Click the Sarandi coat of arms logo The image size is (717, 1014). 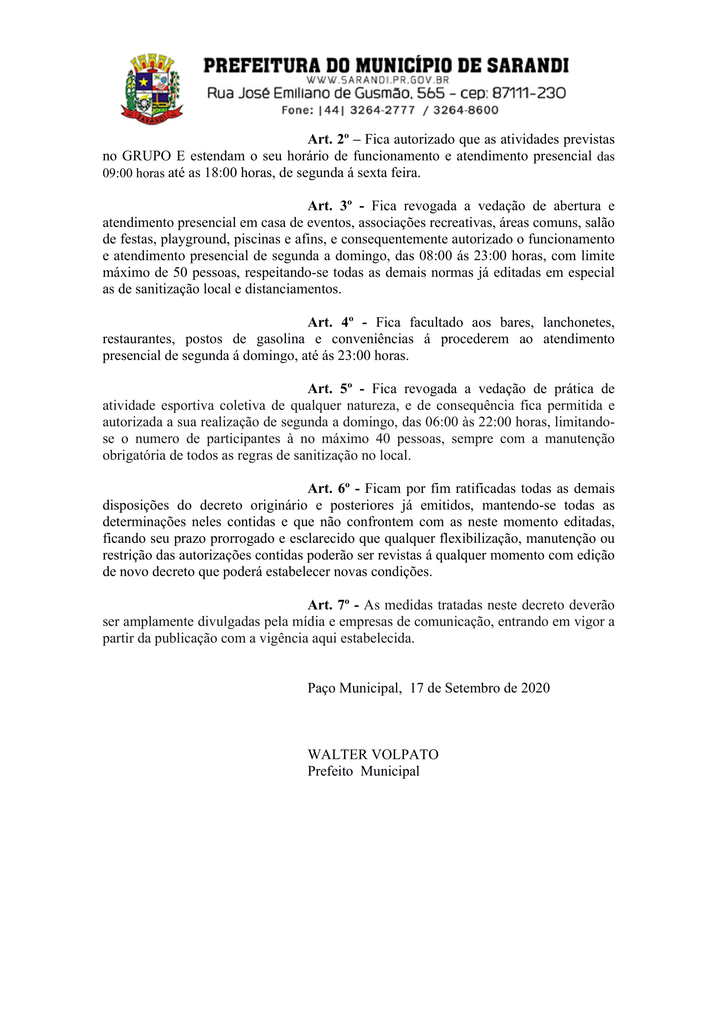tap(152, 89)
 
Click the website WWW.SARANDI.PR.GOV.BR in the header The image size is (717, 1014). tap(377, 80)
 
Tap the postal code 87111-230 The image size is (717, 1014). tap(528, 93)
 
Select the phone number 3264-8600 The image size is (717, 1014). tap(465, 110)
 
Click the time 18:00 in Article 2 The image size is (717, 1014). tap(220, 173)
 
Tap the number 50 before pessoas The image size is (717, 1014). tap(180, 272)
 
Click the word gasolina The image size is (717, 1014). tap(280, 339)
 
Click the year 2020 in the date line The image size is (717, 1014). tap(535, 688)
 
